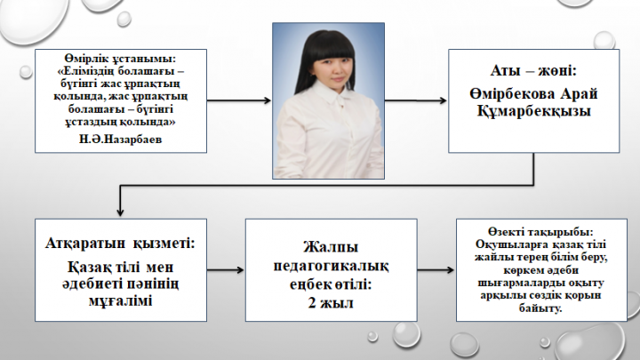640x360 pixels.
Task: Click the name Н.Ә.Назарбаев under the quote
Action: click(120, 140)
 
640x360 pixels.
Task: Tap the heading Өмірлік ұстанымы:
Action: click(120, 59)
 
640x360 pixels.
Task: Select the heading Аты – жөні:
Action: click(533, 70)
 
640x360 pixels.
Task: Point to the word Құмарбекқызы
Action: click(534, 111)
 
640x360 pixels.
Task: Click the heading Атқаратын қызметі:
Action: click(120, 244)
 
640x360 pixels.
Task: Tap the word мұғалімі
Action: click(120, 301)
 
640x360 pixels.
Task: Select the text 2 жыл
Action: click(331, 303)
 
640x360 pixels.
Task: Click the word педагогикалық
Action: click(331, 266)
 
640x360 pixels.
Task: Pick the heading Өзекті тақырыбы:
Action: click(540, 232)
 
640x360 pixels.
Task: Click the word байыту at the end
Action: click(540, 308)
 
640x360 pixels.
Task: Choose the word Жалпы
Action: click(331, 247)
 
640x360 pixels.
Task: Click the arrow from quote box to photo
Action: click(239, 100)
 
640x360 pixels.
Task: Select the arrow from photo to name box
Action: click(416, 100)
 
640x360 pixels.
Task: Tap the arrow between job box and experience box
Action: click(225, 270)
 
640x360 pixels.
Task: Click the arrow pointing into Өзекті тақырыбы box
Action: click(436, 270)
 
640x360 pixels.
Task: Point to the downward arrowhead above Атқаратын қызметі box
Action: click(120, 212)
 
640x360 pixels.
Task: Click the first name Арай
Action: click(579, 94)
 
